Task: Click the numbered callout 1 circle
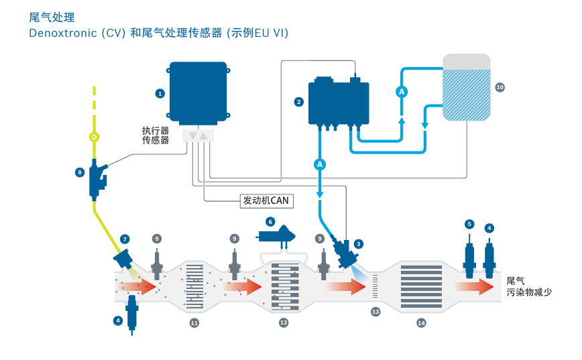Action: (x=160, y=94)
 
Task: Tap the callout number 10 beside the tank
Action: (x=500, y=87)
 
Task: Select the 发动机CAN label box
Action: (x=266, y=201)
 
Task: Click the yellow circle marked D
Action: (x=95, y=137)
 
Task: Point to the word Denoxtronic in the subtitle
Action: (x=63, y=33)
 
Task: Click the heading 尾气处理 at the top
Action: (x=52, y=17)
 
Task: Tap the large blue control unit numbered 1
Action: (x=198, y=93)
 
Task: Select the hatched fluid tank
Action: (x=467, y=87)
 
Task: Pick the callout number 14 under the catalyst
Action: (x=421, y=323)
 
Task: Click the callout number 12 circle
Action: (x=284, y=322)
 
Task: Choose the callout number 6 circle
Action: (x=270, y=222)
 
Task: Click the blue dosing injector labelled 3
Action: (x=345, y=253)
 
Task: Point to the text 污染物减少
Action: (x=529, y=292)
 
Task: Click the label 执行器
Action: (x=155, y=131)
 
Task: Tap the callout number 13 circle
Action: (x=375, y=312)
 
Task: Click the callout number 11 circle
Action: (x=194, y=323)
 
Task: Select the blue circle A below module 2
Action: (x=320, y=164)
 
